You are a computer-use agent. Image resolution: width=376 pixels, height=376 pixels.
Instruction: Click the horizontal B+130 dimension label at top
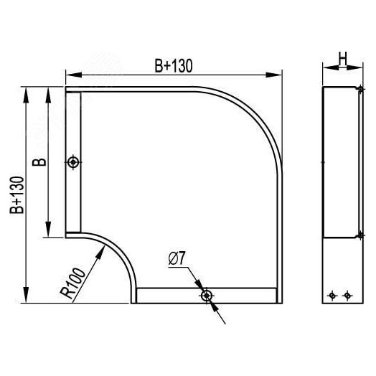tap(174, 65)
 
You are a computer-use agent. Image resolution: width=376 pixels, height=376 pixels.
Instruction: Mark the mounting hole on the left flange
tap(72, 163)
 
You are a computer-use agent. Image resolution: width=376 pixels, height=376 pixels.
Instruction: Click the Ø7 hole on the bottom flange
tap(207, 295)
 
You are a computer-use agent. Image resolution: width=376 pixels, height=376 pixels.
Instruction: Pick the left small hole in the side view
tap(332, 295)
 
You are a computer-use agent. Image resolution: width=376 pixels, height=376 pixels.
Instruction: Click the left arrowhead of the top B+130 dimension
tap(70, 74)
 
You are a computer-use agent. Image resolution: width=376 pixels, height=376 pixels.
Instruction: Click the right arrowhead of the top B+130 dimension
tap(277, 74)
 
